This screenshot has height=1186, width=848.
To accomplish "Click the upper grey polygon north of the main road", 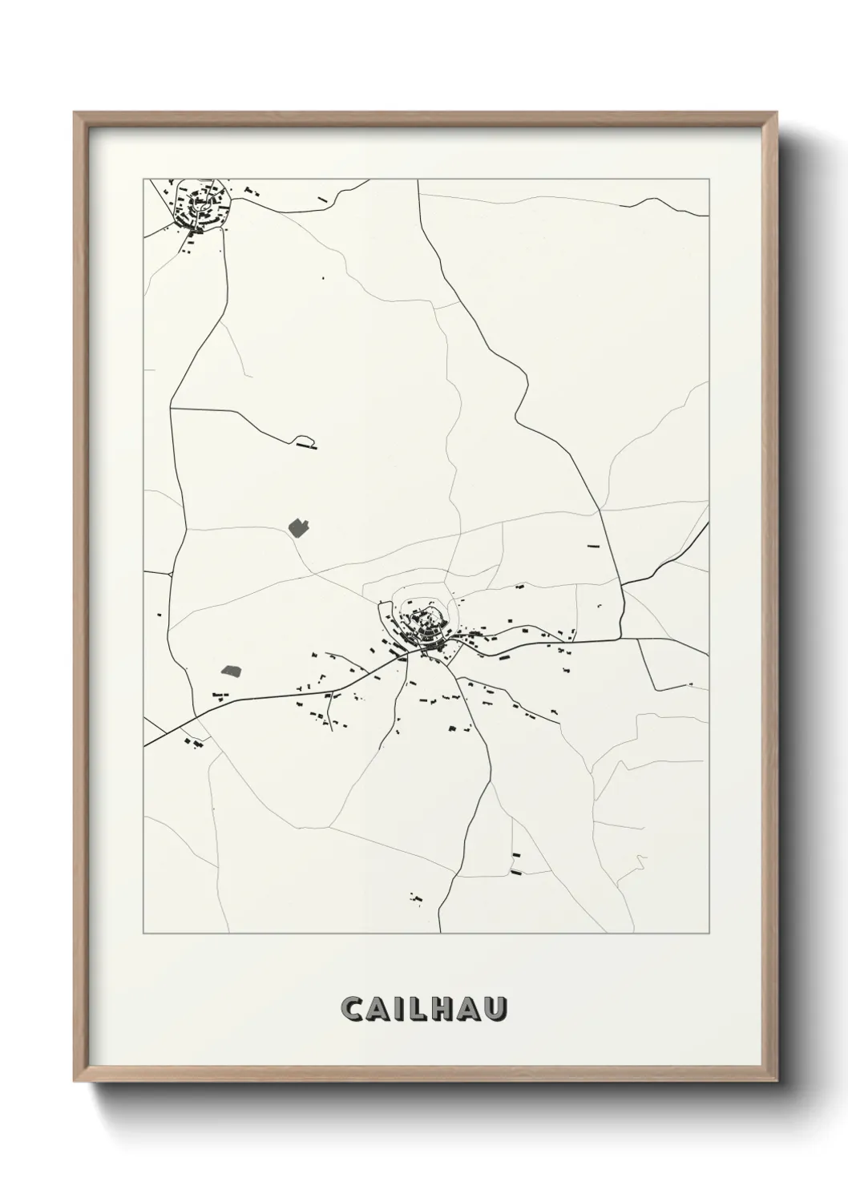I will point(298,527).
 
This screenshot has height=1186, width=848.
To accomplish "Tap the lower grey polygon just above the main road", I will point(231,670).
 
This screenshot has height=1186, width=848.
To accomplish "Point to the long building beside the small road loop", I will point(306,446).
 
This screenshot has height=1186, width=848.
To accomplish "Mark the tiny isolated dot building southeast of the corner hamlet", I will point(323,278).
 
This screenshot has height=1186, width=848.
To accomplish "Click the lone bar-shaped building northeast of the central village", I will point(593,546).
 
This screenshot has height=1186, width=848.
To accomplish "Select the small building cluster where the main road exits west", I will point(193,744).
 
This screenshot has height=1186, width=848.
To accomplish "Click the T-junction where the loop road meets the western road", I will point(172,409).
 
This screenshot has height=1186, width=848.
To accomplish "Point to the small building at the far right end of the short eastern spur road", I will point(690,684).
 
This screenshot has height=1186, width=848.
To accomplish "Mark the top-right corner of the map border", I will point(709,180).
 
